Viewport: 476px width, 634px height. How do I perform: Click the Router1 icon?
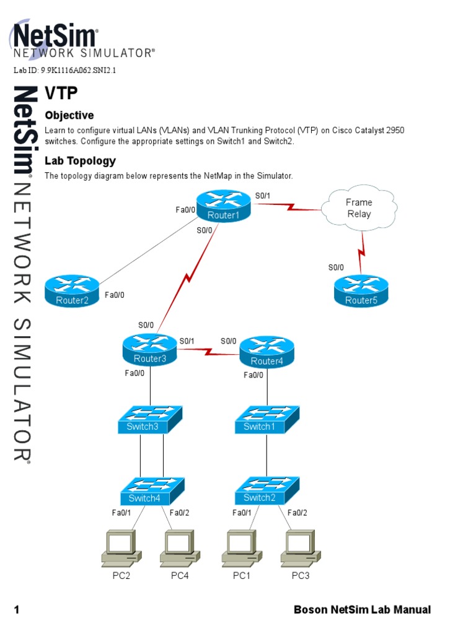223,206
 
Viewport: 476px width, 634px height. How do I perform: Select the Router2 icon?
72,292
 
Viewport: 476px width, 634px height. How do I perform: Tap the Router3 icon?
150,349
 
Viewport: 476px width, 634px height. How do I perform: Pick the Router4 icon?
267,352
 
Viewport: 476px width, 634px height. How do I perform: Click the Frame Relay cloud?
358,208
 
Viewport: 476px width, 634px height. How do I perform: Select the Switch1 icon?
267,420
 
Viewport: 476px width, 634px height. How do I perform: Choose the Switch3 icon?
151,420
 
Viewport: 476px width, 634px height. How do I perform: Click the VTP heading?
62,93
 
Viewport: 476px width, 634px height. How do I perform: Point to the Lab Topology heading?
80,161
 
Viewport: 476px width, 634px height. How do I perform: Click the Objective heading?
69,115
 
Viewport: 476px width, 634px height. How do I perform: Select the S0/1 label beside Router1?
263,196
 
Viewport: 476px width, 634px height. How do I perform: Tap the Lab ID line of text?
65,71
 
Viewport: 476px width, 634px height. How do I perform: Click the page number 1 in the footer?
17,610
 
